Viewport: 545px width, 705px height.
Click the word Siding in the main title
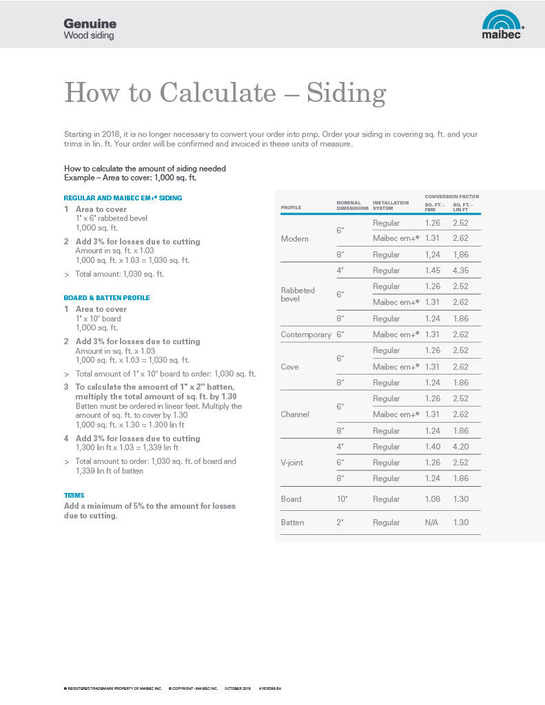(346, 92)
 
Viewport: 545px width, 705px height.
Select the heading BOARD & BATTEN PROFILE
(106, 298)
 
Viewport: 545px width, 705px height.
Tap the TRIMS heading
(74, 495)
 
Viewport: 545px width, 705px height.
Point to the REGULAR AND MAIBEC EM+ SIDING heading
(123, 198)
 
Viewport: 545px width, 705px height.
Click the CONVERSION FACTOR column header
(451, 197)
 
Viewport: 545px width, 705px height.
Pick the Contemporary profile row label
(306, 335)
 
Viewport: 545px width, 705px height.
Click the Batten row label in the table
(292, 523)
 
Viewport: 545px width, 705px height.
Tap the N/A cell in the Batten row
(432, 523)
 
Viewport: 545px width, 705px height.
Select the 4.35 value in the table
(461, 271)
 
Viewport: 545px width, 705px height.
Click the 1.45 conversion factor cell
(433, 271)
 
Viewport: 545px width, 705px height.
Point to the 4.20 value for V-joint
(461, 447)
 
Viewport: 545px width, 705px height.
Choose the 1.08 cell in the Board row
(433, 499)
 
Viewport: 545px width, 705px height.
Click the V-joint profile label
(294, 463)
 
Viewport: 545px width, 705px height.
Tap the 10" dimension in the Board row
(341, 499)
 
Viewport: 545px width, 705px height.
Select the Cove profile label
(290, 367)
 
